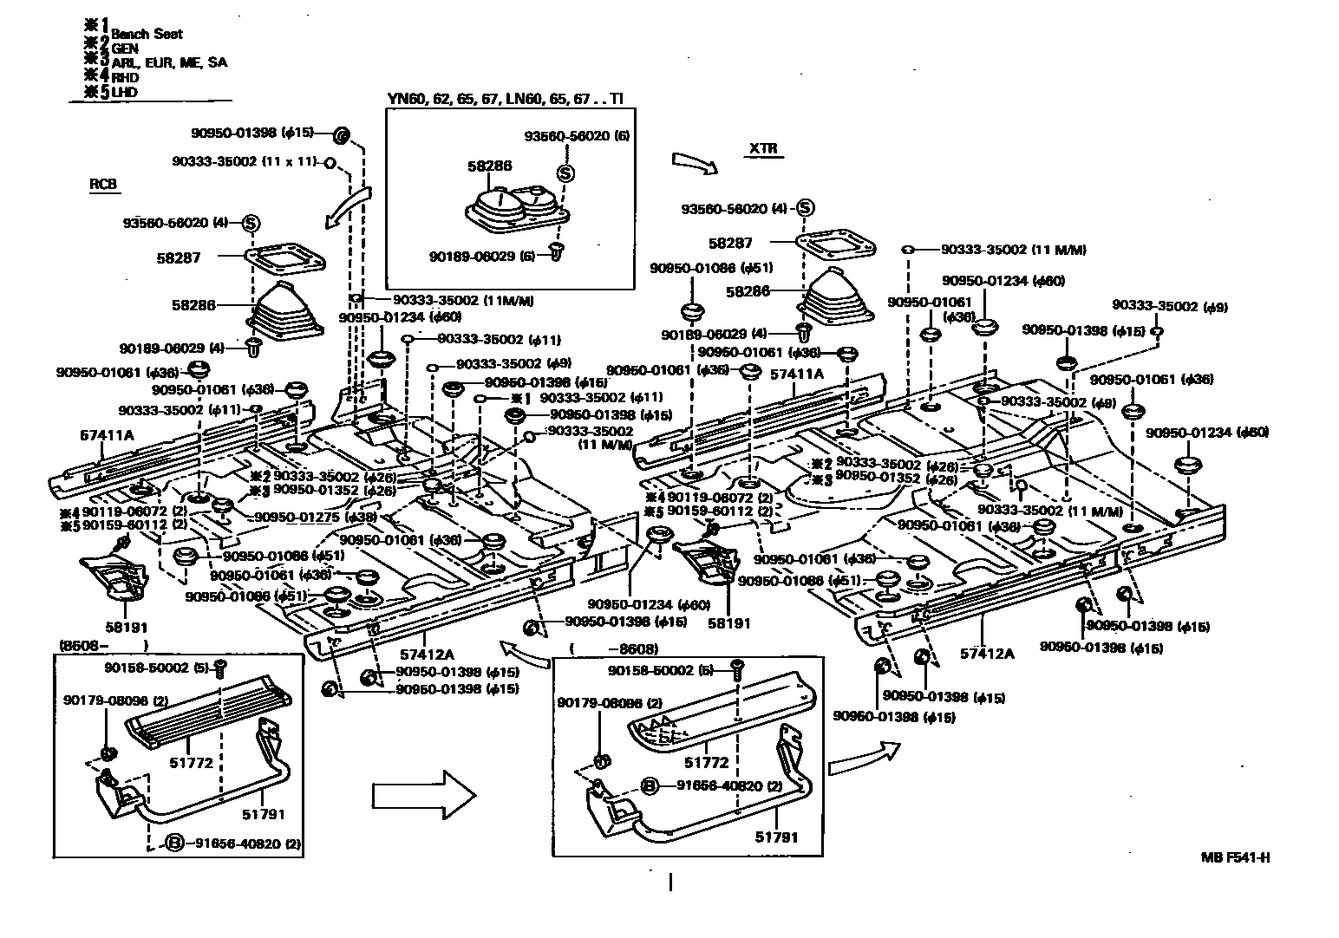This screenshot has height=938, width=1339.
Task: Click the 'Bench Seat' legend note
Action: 147,34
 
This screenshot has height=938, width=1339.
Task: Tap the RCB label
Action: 102,185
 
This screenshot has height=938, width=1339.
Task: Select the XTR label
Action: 766,150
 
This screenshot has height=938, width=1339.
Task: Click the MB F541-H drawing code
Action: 1235,858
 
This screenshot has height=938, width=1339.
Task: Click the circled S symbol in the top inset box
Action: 565,173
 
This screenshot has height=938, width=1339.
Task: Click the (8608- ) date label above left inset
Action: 102,646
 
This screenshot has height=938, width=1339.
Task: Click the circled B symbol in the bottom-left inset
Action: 174,842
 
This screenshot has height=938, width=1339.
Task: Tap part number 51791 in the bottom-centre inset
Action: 775,837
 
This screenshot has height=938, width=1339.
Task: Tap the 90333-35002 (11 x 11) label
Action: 245,161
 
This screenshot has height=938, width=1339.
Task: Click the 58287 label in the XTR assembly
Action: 730,244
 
